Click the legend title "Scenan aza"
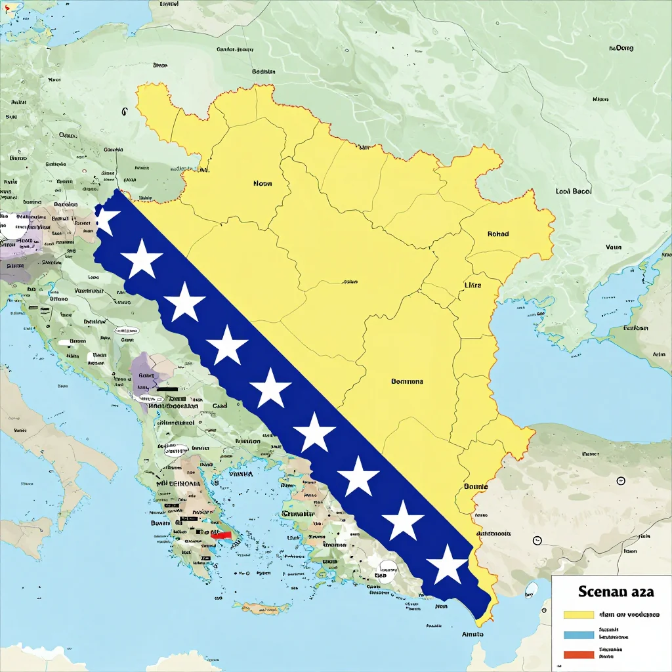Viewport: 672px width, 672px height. click(616, 591)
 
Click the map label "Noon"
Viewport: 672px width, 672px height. click(262, 184)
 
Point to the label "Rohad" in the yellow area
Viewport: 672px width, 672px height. click(498, 234)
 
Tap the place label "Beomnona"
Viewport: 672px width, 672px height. click(407, 381)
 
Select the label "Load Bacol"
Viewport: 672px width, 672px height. click(573, 192)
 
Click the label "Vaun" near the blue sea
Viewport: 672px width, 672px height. click(613, 247)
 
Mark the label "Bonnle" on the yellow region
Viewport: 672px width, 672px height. click(476, 487)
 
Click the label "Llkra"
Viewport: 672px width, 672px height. click(472, 285)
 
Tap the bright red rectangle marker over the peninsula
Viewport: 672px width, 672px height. click(222, 535)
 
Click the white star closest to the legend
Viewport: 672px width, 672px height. click(449, 564)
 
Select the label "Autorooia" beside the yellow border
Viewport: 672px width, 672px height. click(493, 534)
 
